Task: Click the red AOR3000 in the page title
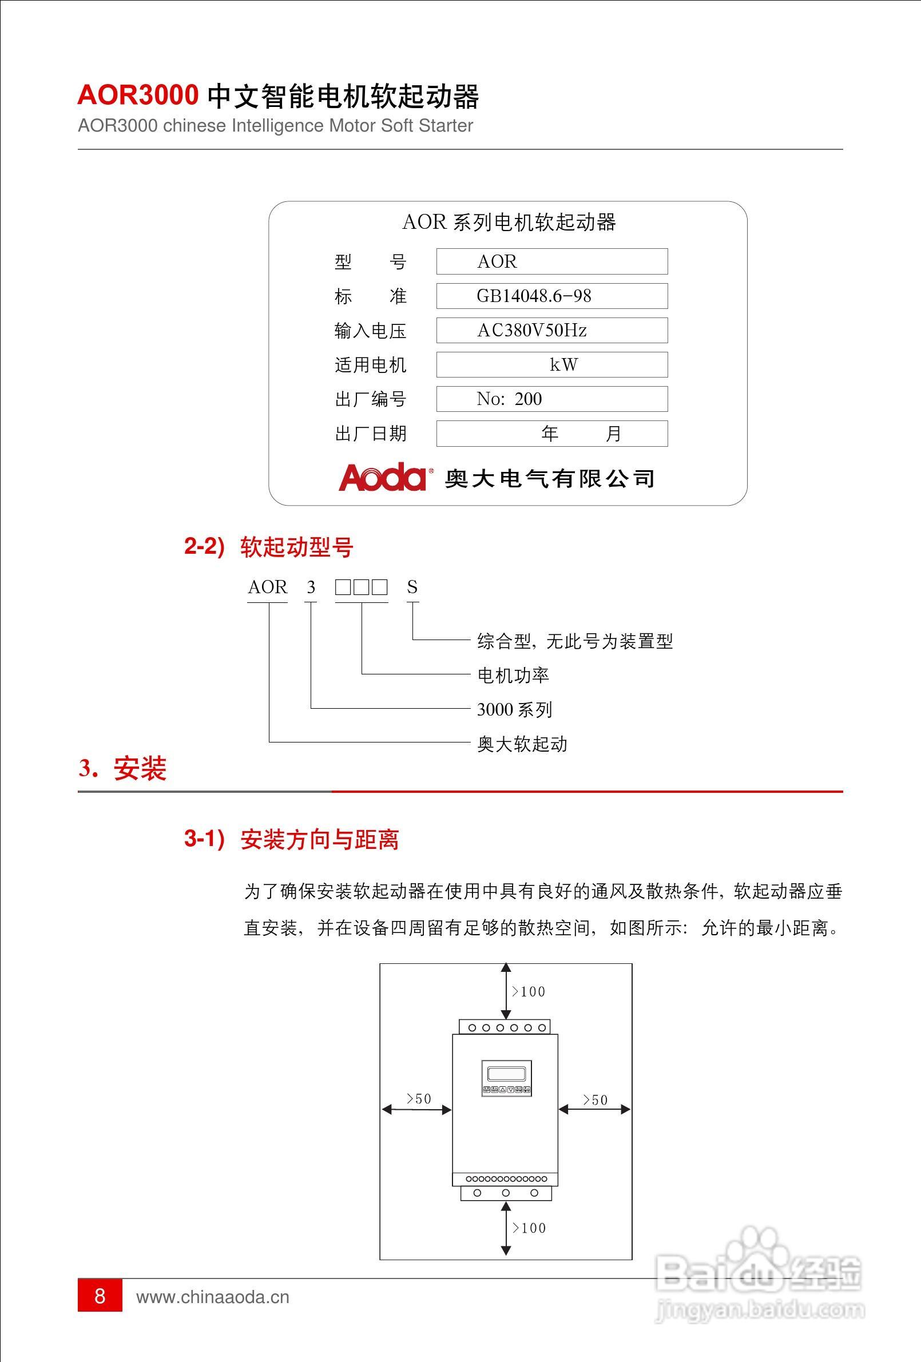[138, 95]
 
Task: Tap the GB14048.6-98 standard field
[534, 296]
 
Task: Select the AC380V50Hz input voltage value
[532, 331]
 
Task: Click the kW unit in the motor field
[563, 365]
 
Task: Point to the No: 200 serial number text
[509, 399]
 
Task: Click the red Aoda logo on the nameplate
[382, 477]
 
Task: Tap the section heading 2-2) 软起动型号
[269, 547]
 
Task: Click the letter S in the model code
[412, 587]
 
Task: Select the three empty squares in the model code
[361, 587]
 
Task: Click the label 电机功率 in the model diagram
[513, 676]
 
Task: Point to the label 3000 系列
[514, 710]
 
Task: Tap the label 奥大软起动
[522, 744]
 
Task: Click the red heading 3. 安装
[122, 768]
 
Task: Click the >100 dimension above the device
[529, 991]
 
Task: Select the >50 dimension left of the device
[419, 1099]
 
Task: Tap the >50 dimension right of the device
[595, 1100]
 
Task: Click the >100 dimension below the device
[529, 1228]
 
